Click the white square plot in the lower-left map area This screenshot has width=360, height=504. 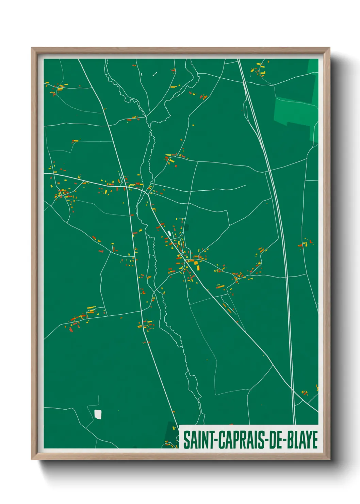98,414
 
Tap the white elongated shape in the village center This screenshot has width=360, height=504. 169,233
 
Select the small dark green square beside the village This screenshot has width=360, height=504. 186,227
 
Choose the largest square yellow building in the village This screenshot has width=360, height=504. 196,263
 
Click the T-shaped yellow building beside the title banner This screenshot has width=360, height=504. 167,443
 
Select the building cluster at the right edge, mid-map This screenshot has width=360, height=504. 306,243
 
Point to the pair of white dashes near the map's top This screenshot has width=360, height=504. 154,74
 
